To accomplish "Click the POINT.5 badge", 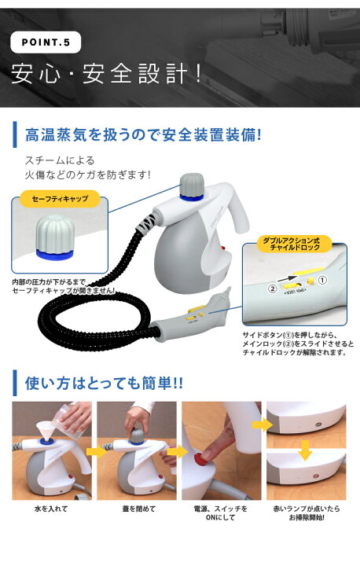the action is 46,42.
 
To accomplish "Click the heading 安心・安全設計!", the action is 105,74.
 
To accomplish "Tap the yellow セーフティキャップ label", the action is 60,199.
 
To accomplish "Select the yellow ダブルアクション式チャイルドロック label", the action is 294,244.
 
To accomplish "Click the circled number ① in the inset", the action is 321,280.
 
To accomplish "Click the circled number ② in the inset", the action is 271,289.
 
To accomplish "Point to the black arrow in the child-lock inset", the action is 288,278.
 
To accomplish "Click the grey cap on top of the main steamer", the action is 192,185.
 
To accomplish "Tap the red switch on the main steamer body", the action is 222,248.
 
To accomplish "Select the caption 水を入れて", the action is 51,509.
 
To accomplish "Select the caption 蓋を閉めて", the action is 138,509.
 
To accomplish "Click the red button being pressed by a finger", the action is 199,459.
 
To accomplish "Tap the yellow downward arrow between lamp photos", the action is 306,450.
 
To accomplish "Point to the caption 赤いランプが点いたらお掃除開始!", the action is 307,513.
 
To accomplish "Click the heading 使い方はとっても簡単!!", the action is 104,383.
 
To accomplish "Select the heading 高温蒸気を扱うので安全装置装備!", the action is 143,135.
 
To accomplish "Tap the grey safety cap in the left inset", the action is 55,237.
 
